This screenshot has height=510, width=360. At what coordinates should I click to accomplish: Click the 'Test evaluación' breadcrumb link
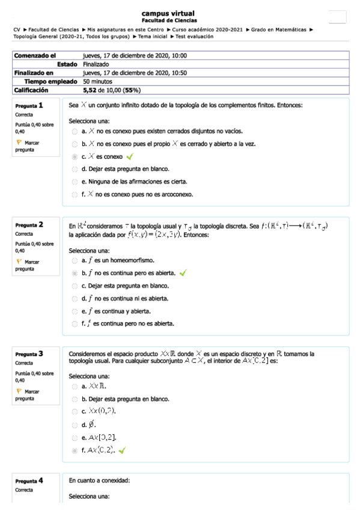(x=194, y=36)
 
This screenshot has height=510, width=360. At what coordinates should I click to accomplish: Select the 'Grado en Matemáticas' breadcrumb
(x=278, y=29)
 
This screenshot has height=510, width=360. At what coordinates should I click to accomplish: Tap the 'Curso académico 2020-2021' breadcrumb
(x=207, y=29)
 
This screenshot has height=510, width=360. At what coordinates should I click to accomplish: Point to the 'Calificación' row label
(x=31, y=90)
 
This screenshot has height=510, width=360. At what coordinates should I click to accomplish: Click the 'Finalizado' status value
(x=96, y=64)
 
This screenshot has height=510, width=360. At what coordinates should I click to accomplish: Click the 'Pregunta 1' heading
(x=29, y=105)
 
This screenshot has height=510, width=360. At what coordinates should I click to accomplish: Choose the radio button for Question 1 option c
(x=75, y=156)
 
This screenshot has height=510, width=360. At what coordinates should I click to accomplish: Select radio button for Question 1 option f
(x=75, y=194)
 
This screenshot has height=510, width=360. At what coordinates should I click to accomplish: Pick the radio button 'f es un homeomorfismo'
(x=75, y=260)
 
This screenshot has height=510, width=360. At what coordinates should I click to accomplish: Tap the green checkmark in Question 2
(x=183, y=272)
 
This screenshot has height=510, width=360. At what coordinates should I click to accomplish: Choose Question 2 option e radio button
(x=75, y=311)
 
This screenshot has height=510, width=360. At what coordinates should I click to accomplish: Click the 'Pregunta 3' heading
(x=29, y=354)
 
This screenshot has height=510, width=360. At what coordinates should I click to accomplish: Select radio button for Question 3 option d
(x=75, y=424)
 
